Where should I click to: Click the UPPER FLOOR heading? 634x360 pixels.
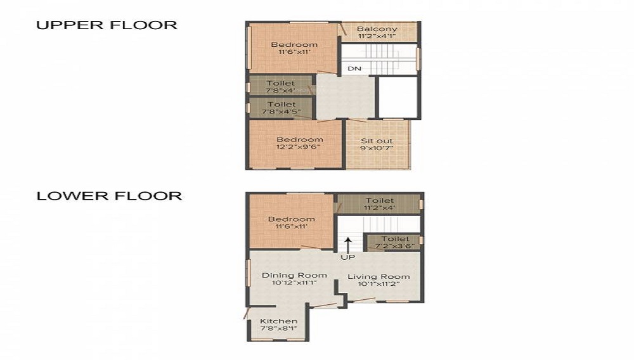(x=107, y=25)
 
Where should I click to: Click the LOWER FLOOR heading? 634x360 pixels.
(x=109, y=196)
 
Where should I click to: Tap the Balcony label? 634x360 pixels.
(x=377, y=29)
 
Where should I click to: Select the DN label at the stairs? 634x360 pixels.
(x=354, y=68)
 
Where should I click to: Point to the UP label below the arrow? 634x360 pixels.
(x=348, y=257)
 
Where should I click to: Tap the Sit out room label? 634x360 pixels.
(x=377, y=141)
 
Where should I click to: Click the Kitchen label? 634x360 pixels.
(x=278, y=321)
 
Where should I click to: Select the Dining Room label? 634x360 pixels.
(x=294, y=275)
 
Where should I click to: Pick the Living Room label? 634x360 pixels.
(x=378, y=276)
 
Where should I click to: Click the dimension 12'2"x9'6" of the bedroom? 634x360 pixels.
(x=299, y=146)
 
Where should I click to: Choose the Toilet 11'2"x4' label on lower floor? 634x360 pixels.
(x=379, y=204)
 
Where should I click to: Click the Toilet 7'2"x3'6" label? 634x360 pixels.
(x=394, y=241)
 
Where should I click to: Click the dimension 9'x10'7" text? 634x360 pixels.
(x=377, y=148)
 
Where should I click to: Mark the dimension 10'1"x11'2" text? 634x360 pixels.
(x=378, y=284)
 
